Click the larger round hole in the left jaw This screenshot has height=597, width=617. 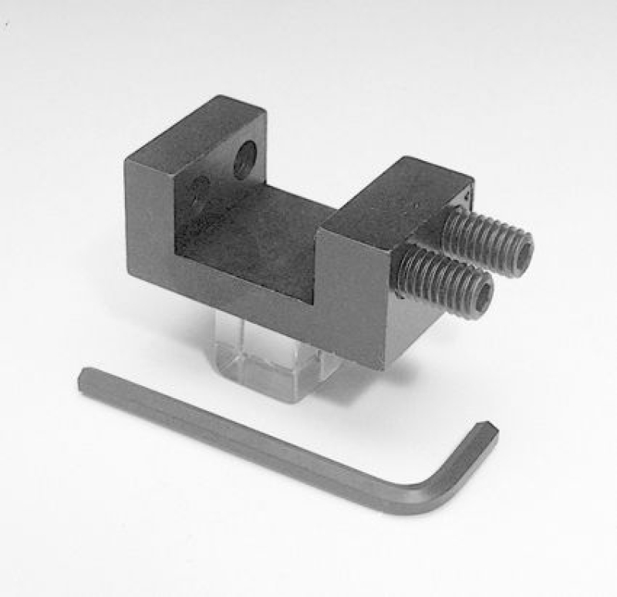pos(244,160)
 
